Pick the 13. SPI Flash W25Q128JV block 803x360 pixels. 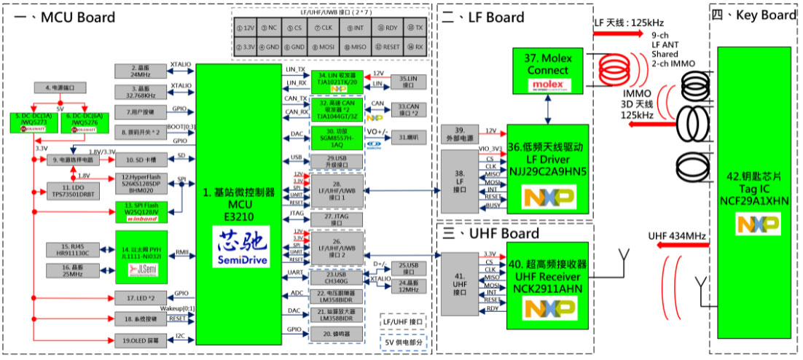tap(142, 211)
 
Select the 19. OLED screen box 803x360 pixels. tap(141, 340)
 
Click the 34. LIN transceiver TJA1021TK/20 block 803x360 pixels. tap(337, 79)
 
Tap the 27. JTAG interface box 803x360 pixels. tap(337, 217)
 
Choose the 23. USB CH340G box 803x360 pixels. tap(336, 276)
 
